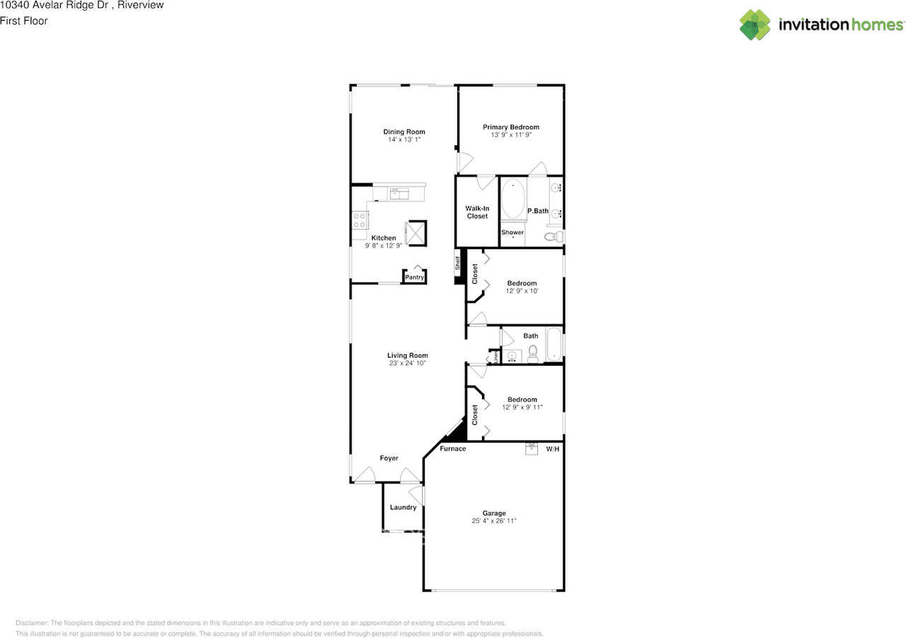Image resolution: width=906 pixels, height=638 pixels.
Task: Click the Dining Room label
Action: pos(404,132)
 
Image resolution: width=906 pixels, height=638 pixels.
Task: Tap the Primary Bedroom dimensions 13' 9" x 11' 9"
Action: pos(510,134)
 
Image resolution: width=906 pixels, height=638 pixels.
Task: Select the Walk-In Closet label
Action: pos(477,212)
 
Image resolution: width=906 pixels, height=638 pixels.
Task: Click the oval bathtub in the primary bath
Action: pos(513,200)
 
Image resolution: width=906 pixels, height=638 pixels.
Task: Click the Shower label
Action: pos(512,232)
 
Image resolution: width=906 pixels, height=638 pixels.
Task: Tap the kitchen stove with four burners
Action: pos(359,221)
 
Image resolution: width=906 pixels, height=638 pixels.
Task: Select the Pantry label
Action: pos(415,277)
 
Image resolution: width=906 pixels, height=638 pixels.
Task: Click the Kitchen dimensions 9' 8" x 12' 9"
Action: pos(384,245)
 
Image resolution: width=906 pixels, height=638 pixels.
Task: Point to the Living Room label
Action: pos(407,355)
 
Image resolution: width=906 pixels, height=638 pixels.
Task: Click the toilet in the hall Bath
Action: pos(534,352)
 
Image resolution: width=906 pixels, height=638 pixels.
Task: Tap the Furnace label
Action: pos(453,448)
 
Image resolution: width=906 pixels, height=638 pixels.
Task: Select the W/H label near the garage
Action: pos(553,448)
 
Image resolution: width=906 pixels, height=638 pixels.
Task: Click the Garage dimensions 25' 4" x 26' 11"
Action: pos(494,521)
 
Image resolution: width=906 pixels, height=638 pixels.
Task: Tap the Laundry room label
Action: pos(403,507)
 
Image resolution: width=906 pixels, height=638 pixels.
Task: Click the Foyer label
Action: pos(389,458)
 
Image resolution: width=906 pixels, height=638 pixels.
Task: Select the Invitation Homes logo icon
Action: pos(755,25)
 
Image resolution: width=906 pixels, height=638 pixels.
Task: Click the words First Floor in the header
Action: pos(24,21)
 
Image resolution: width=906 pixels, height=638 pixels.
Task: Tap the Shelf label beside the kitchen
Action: pos(457,265)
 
